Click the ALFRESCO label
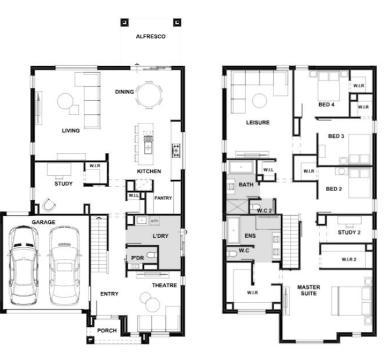151,36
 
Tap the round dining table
149,95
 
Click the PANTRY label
163,198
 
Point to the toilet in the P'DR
152,255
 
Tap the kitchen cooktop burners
176,151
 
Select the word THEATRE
165,285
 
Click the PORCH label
107,331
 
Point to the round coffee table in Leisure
260,100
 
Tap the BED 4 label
327,105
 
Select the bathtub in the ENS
234,230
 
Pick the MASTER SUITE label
308,290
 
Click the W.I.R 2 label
349,259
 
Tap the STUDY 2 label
349,232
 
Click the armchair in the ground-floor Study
49,205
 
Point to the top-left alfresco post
125,22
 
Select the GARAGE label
44,222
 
